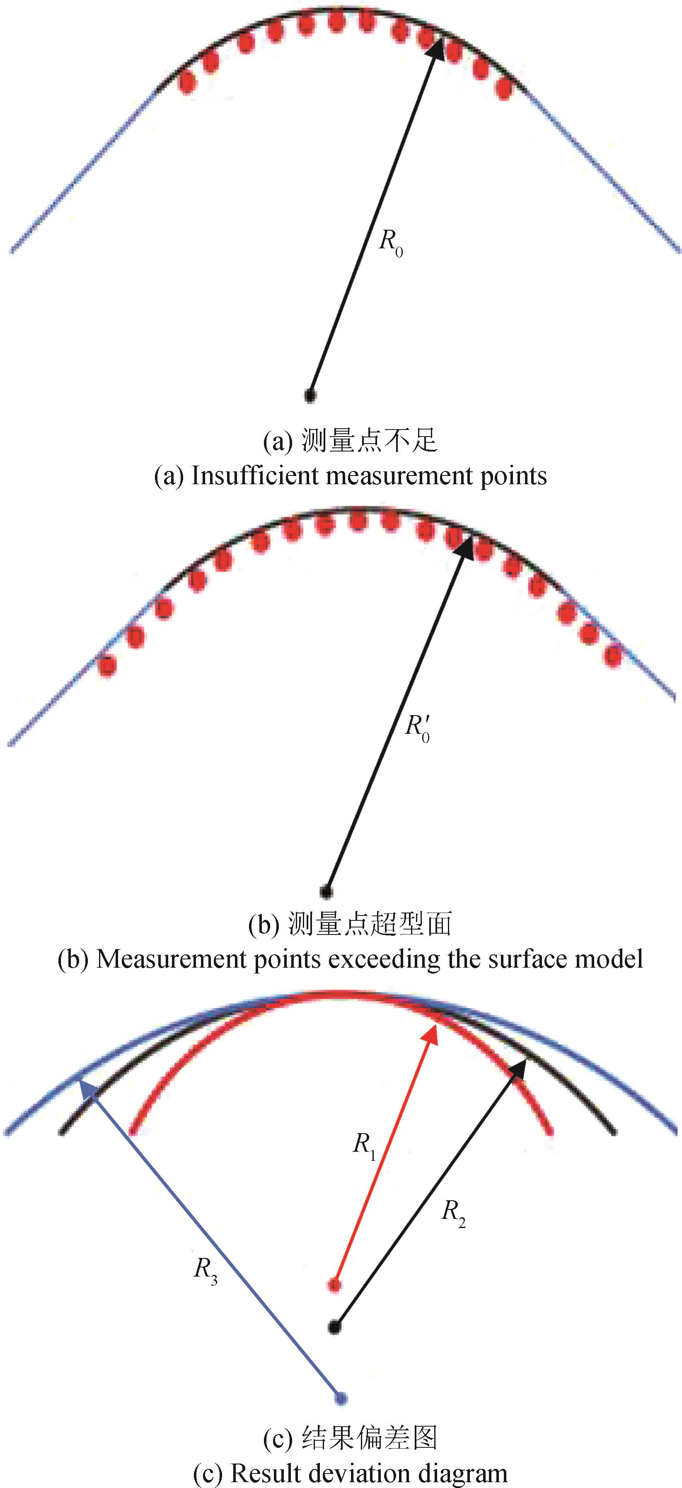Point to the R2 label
click(x=453, y=1210)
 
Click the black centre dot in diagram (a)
click(x=310, y=396)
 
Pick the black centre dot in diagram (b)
click(x=326, y=891)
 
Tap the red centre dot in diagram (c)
click(x=334, y=1285)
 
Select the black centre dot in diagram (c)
click(x=334, y=1327)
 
